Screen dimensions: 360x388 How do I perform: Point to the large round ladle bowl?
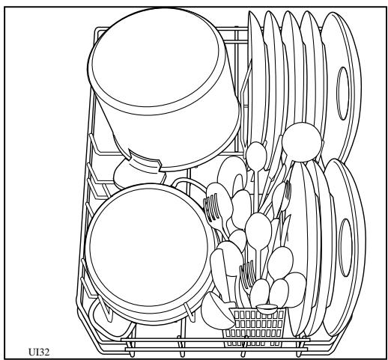[299, 138]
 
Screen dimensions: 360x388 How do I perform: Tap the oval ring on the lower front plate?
[345, 247]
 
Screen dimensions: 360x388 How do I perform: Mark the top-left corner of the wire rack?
[98, 30]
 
